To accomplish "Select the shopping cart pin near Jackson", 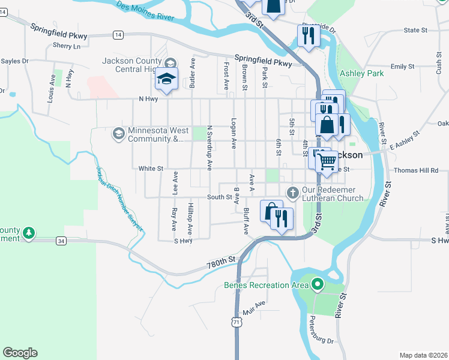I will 327,160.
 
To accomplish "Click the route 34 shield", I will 61,241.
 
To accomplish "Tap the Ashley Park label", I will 361,73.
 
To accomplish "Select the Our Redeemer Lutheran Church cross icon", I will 292,193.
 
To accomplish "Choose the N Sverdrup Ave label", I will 209,148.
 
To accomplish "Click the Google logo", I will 20,353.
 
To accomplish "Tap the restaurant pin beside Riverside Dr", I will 306,35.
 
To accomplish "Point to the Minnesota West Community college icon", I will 118,133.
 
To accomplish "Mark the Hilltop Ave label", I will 190,218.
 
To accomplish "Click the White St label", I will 151,169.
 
